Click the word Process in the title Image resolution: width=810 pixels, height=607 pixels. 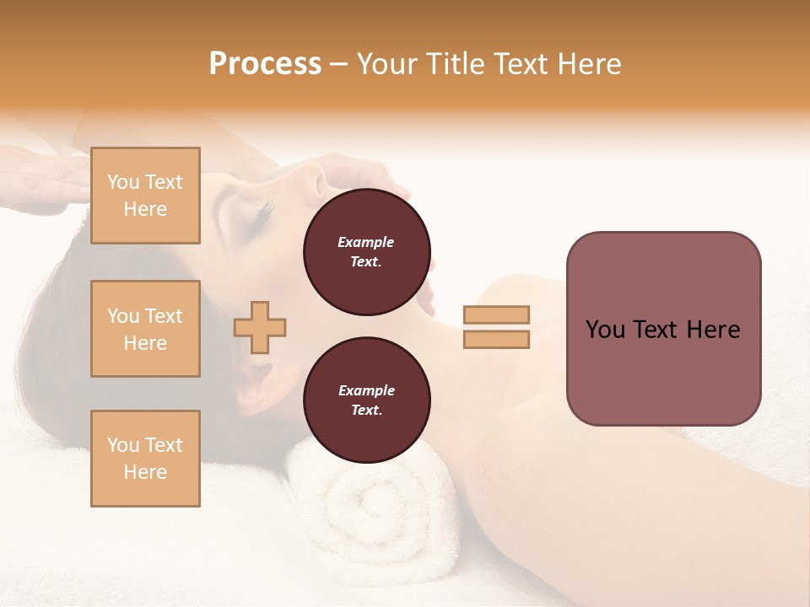point(265,64)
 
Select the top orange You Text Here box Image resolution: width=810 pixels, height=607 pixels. point(145,196)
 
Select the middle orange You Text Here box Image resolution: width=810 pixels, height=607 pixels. point(145,329)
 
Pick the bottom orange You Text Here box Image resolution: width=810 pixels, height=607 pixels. point(145,459)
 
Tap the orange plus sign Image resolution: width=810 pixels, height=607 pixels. point(260,327)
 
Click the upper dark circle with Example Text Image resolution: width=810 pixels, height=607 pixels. point(366,252)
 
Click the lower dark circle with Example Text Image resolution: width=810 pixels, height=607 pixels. point(366,400)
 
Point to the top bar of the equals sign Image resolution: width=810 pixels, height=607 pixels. point(497,314)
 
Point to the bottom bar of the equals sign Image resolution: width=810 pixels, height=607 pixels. point(497,339)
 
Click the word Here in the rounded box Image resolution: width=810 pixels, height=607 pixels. point(713,330)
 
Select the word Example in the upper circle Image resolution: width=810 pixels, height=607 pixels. point(366,243)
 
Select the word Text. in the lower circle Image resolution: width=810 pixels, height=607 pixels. point(366,411)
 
